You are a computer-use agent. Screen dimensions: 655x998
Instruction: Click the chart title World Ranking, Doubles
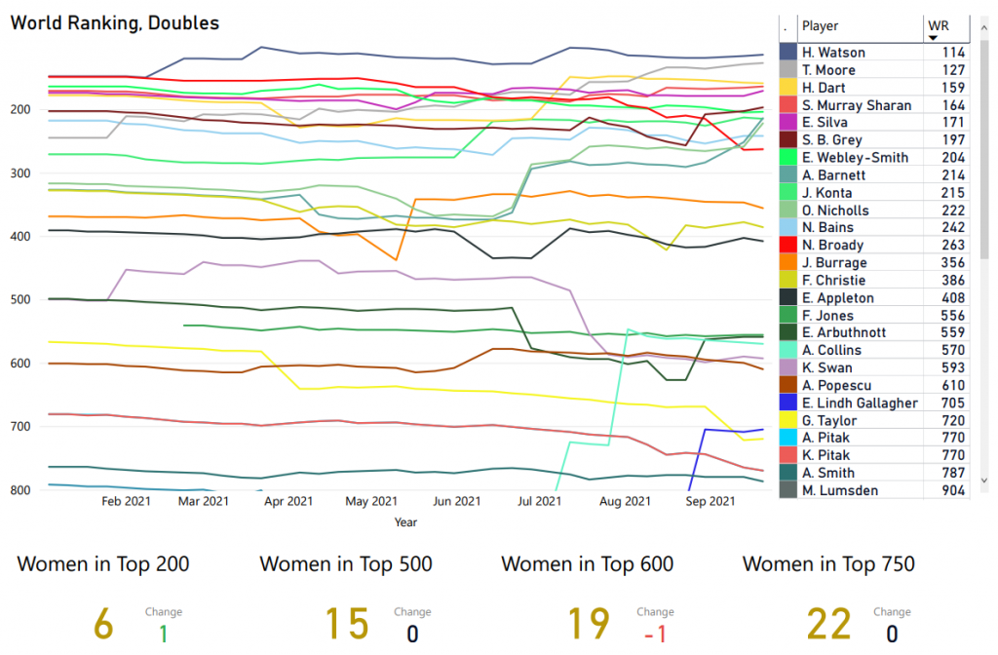[114, 22]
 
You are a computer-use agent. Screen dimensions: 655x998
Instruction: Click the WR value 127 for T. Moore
[952, 70]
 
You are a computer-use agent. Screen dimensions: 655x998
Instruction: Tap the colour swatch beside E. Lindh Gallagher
[787, 404]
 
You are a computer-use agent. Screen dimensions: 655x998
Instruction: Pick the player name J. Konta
[827, 193]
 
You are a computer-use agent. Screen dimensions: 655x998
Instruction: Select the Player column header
[820, 26]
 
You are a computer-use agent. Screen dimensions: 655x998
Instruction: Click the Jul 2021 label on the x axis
[540, 502]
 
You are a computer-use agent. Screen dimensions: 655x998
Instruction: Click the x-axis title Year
[405, 522]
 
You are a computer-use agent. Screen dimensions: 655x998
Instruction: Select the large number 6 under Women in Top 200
[104, 623]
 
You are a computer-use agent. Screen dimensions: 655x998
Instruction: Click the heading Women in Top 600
[587, 563]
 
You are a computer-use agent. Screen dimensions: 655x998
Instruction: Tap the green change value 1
[163, 633]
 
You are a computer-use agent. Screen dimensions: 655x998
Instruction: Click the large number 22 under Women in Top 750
[828, 623]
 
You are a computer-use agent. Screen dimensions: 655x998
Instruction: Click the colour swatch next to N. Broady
[787, 246]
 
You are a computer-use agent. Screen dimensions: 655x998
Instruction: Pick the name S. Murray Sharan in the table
[856, 105]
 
